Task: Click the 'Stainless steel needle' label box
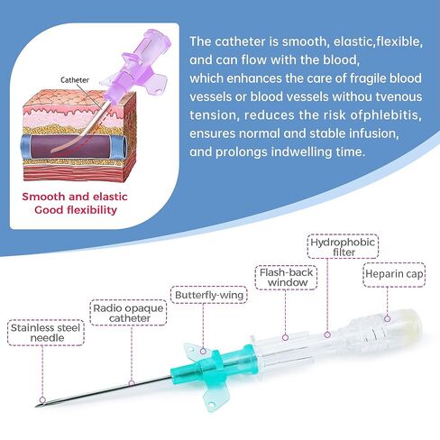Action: (46, 333)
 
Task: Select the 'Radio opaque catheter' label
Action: (128, 313)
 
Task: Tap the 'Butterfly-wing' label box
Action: (209, 295)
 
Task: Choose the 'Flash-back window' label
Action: (286, 278)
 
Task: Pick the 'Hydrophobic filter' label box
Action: (343, 246)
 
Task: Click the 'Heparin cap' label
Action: (394, 275)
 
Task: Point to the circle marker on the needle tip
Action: (42, 399)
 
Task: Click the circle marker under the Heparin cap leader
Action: (388, 318)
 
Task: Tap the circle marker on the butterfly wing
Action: (203, 351)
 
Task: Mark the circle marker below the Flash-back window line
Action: (286, 337)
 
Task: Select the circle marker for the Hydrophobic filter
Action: (327, 335)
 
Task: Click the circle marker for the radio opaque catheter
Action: (132, 383)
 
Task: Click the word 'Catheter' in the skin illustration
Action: (75, 80)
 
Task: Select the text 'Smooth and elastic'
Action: (75, 197)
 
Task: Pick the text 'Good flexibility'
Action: (76, 210)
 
